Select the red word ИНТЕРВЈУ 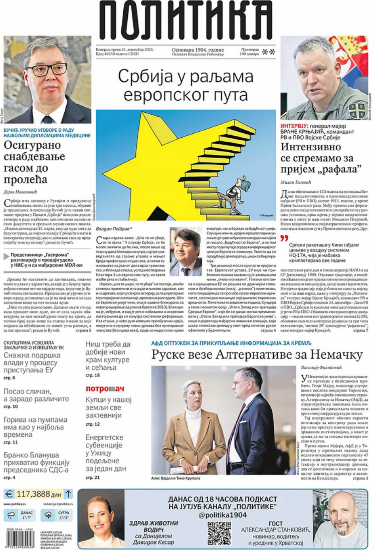click(x=295, y=126)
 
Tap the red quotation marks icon click(x=285, y=238)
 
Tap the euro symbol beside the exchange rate click(x=8, y=494)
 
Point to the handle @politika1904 click(x=222, y=515)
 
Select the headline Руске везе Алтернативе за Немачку click(x=257, y=355)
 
